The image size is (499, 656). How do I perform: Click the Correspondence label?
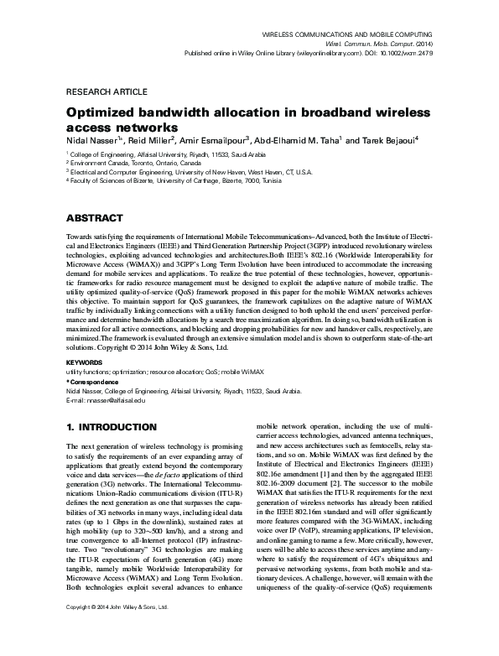point(95,381)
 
